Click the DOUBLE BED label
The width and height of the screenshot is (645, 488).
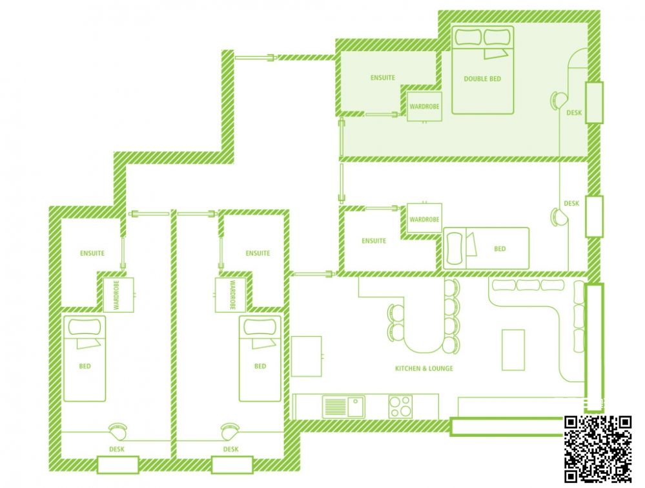tap(482, 79)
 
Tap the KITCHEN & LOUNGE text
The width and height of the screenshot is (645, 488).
tap(424, 368)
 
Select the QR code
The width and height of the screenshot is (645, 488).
tap(598, 449)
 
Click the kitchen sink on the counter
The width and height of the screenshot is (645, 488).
tap(343, 407)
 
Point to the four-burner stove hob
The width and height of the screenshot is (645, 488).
tap(401, 406)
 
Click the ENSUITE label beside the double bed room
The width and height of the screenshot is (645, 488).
tap(383, 78)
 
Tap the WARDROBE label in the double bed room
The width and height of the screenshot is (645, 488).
tap(424, 106)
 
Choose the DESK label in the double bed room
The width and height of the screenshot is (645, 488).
tap(574, 112)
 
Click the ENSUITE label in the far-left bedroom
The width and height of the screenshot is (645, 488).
tap(92, 253)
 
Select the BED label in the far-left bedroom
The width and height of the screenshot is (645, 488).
tap(85, 366)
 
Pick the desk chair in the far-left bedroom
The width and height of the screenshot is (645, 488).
tap(118, 432)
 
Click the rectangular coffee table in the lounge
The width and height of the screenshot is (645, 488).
tap(513, 350)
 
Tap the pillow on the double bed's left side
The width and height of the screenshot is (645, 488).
tap(467, 37)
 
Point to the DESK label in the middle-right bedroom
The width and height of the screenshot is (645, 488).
tap(571, 204)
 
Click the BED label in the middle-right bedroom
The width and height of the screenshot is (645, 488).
tap(500, 249)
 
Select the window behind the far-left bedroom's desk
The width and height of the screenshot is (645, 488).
tap(118, 465)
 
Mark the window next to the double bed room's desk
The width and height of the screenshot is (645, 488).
tap(594, 103)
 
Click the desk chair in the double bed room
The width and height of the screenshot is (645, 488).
tap(558, 100)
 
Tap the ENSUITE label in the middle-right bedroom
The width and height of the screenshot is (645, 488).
tap(374, 241)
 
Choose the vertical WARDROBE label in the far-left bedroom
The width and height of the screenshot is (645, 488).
tap(116, 295)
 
